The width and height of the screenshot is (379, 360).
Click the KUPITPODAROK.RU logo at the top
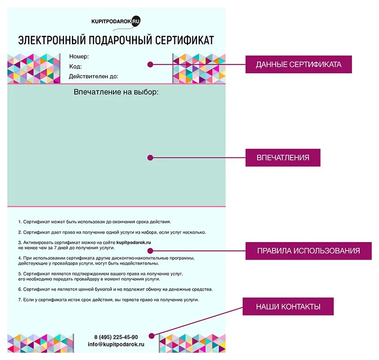click(x=116, y=21)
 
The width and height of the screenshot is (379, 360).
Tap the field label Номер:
click(x=79, y=57)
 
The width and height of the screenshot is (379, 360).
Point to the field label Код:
click(x=75, y=67)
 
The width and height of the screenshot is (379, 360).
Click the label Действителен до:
click(x=94, y=76)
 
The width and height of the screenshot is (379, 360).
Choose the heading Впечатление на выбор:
click(x=116, y=92)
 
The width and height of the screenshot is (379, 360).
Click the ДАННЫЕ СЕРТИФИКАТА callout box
click(x=298, y=64)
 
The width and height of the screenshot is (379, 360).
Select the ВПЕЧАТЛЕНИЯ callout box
click(x=283, y=157)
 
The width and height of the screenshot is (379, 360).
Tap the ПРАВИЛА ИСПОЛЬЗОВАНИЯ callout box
click(x=308, y=251)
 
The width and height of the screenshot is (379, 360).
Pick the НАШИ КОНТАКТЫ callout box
click(x=288, y=306)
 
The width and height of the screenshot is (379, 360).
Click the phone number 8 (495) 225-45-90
click(x=116, y=337)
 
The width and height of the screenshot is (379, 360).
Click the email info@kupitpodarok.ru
click(x=116, y=344)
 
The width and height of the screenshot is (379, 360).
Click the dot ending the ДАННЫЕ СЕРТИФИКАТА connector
click(x=151, y=64)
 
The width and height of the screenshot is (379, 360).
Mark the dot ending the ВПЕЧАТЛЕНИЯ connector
click(x=151, y=157)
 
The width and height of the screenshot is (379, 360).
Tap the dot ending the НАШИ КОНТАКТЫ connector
click(x=152, y=335)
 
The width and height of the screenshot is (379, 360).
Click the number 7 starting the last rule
click(x=20, y=299)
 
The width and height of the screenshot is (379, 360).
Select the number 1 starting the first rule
click(x=20, y=222)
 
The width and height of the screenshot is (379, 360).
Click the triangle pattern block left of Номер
click(x=34, y=68)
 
